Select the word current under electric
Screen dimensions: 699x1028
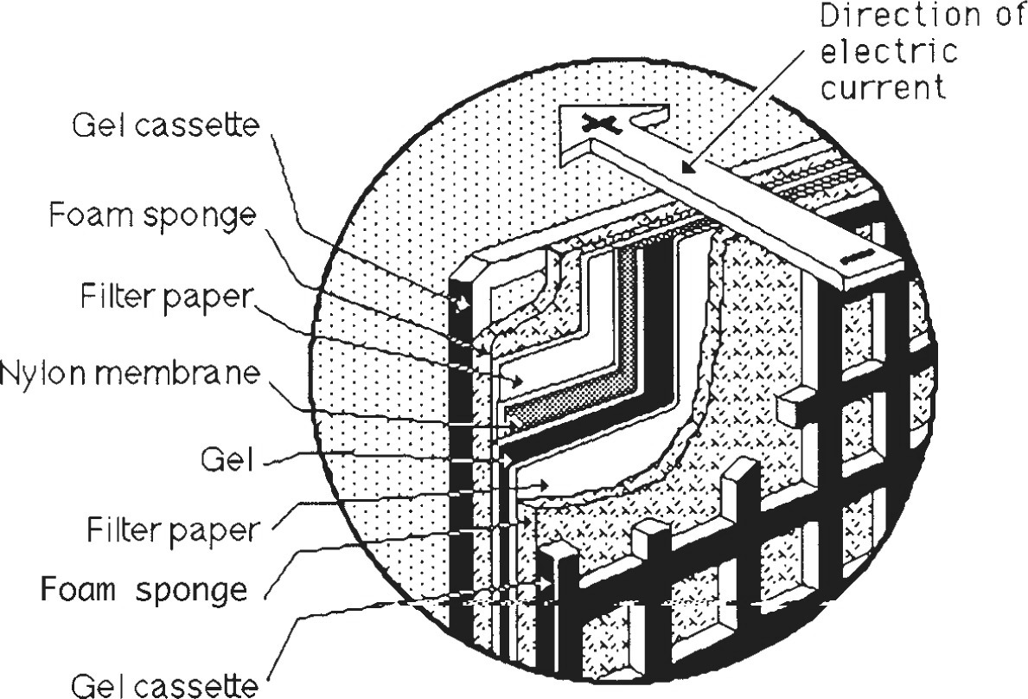click(881, 87)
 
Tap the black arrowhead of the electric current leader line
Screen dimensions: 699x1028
click(685, 170)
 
